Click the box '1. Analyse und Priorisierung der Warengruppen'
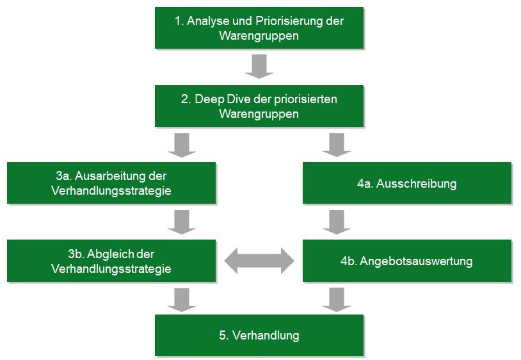(x=259, y=28)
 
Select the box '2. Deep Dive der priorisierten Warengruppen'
(x=259, y=106)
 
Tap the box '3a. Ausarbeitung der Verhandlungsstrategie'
(x=111, y=183)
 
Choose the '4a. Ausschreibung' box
(x=407, y=183)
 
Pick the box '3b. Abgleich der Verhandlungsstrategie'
(x=111, y=261)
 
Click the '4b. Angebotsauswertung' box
(x=407, y=261)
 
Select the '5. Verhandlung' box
(x=259, y=335)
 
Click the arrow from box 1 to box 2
(x=259, y=67)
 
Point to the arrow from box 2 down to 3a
(x=182, y=145)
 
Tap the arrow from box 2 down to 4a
(x=337, y=145)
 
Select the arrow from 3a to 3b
(x=182, y=222)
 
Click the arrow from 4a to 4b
(x=337, y=222)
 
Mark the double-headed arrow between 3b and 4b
(x=259, y=261)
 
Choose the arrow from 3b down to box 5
(x=182, y=300)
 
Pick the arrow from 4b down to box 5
(x=337, y=300)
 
